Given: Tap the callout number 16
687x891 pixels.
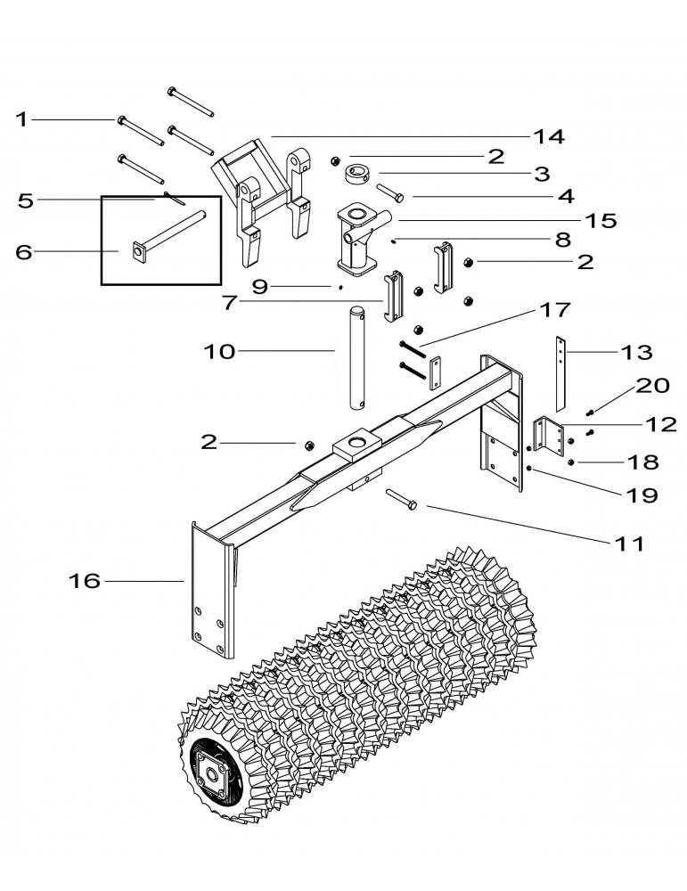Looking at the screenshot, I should pos(85,582).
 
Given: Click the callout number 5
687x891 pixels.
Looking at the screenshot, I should pos(25,200).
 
